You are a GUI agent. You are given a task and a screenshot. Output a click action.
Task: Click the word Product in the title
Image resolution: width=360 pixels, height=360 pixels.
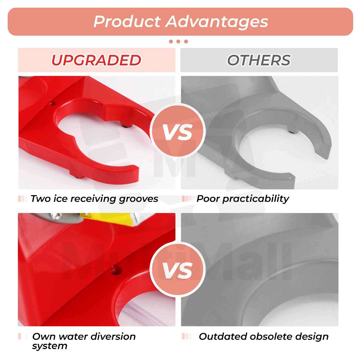(127, 22)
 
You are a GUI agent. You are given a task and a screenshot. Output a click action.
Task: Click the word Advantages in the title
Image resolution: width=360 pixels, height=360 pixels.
(217, 22)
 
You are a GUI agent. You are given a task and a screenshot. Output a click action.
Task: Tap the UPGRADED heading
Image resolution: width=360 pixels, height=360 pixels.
(96, 60)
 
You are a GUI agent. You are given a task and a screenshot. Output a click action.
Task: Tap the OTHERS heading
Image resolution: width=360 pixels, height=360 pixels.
(259, 60)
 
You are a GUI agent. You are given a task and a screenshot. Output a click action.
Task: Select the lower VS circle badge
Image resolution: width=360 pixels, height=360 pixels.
(178, 269)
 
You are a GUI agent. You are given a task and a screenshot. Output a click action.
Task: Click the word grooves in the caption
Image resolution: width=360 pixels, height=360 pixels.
(139, 199)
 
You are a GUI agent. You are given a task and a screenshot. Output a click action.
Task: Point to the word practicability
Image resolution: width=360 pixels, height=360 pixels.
(256, 199)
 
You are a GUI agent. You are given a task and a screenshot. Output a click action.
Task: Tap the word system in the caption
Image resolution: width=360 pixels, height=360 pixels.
(50, 346)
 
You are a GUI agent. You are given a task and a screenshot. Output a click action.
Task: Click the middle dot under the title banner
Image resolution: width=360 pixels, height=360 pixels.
(178, 41)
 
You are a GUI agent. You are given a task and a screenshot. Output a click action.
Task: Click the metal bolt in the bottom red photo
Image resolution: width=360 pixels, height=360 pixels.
(56, 217)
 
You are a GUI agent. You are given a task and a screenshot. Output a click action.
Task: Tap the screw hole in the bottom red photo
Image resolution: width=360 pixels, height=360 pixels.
(114, 270)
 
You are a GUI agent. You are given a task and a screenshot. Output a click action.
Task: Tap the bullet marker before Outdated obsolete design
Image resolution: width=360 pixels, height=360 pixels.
(187, 336)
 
